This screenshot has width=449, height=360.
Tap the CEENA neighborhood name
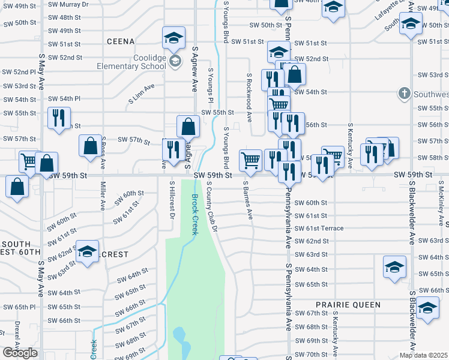point(121,41)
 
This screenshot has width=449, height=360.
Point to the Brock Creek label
point(194,217)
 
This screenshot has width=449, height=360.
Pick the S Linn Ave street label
point(141,93)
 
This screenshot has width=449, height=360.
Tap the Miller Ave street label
point(103,199)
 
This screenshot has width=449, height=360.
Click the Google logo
point(20,353)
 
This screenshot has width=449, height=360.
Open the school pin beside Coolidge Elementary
point(173,38)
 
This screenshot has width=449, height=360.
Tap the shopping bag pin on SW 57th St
point(90,146)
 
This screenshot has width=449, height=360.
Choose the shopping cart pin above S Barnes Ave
point(250,160)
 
